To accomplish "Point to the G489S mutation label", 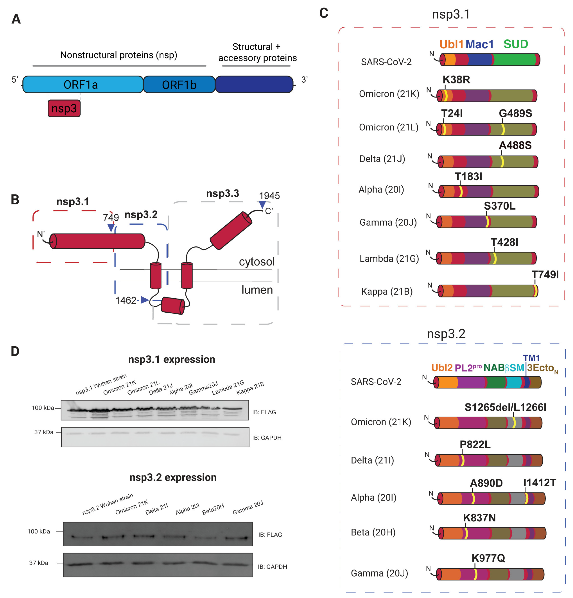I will (x=515, y=113).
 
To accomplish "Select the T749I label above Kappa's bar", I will (x=545, y=275).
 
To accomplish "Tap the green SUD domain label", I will (x=516, y=44).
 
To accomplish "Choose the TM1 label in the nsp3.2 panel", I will (x=531, y=358).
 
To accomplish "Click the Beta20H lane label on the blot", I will (x=213, y=509).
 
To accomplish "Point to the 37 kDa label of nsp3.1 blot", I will (x=44, y=432).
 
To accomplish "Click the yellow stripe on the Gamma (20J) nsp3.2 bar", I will (x=475, y=574).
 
